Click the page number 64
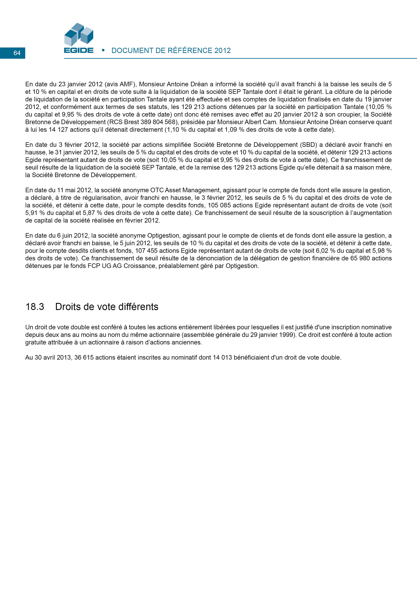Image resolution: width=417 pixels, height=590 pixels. pyautogui.click(x=17, y=53)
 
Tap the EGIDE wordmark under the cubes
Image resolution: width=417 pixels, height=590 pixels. pyautogui.click(x=79, y=50)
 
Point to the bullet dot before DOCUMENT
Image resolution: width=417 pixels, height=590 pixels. pyautogui.click(x=103, y=50)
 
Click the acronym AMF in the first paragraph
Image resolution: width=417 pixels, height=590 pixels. pyautogui.click(x=126, y=84)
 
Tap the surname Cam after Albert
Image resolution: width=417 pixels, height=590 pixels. pyautogui.click(x=270, y=122)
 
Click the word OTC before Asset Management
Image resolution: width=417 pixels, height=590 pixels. pyautogui.click(x=157, y=190)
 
